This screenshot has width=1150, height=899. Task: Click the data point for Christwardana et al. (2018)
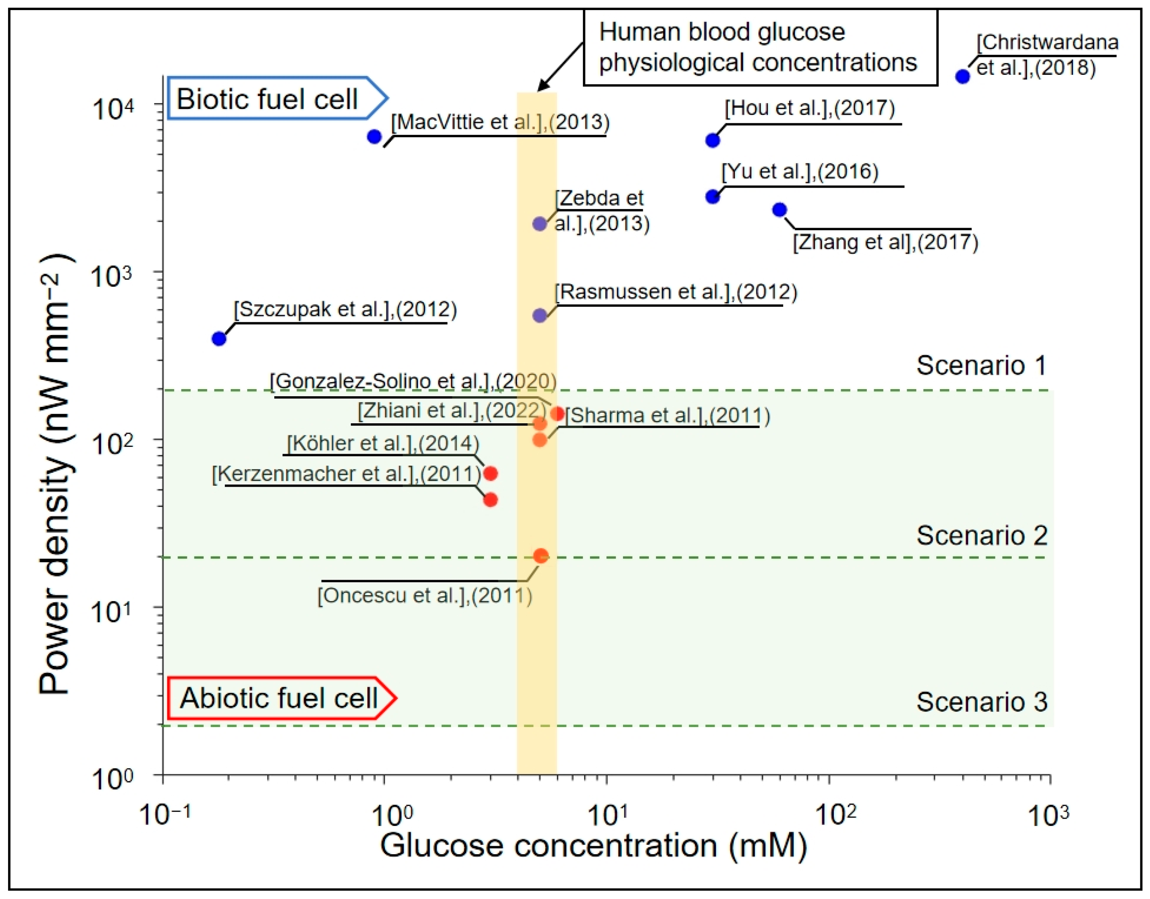point(962,76)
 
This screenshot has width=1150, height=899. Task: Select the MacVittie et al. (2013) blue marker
point(374,137)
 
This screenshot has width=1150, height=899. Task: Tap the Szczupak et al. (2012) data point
point(219,338)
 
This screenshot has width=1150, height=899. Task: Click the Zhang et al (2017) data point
point(779,210)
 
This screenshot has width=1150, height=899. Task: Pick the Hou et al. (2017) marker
point(713,141)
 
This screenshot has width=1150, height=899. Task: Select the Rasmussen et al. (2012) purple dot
point(540,315)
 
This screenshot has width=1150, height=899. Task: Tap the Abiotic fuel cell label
point(279,698)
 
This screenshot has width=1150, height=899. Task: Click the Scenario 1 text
point(981,365)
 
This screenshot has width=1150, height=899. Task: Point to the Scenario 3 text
point(981,702)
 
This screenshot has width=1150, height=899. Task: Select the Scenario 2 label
point(981,535)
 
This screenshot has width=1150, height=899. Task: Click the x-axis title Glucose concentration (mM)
point(593,846)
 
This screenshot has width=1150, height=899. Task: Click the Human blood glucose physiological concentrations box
point(760,47)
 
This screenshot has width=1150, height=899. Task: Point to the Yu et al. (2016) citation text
point(800,172)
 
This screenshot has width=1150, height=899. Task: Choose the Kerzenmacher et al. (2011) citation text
point(347,474)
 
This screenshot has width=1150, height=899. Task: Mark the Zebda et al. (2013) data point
point(540,224)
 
